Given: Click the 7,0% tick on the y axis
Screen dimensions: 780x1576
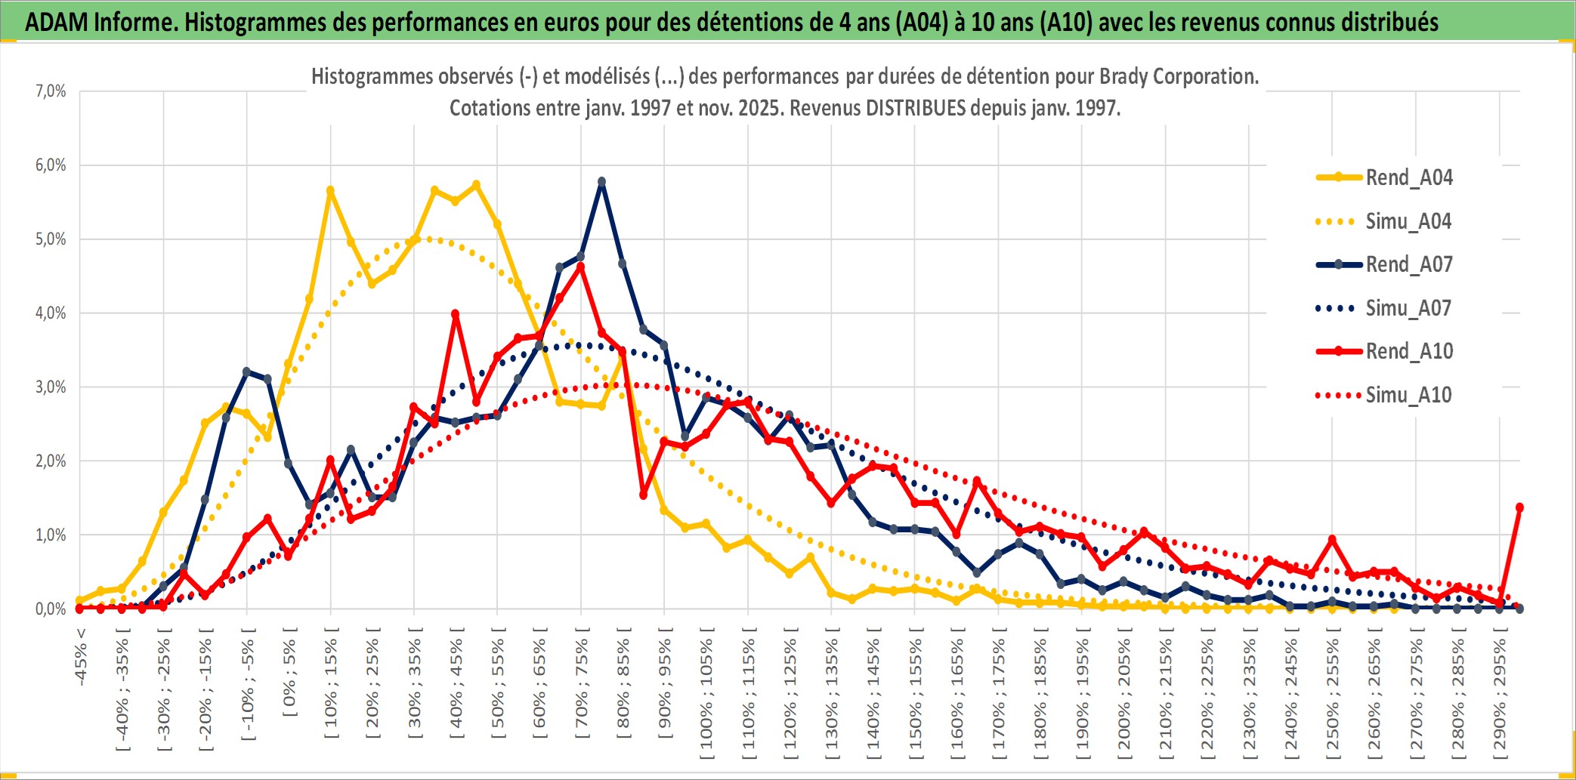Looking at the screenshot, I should (51, 91).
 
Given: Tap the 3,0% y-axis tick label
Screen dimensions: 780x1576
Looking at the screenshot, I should (51, 387).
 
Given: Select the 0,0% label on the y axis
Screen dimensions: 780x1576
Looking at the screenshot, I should (51, 609).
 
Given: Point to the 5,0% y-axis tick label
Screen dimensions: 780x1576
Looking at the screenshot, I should (51, 239).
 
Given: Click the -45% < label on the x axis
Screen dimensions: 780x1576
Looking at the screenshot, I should (81, 657).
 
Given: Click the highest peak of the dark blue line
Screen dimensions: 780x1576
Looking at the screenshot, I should (601, 182).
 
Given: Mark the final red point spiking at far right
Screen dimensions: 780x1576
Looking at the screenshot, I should (1519, 507).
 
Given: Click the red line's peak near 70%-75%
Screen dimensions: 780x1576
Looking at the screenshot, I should (580, 267).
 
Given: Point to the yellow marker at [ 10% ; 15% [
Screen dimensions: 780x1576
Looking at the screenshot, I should (330, 191).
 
